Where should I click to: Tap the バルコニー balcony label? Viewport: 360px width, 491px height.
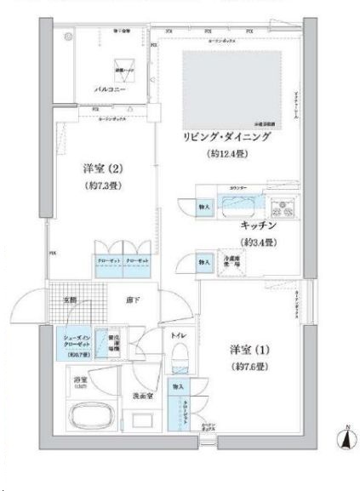point(111,88)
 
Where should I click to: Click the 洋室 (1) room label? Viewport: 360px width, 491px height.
point(248,349)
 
